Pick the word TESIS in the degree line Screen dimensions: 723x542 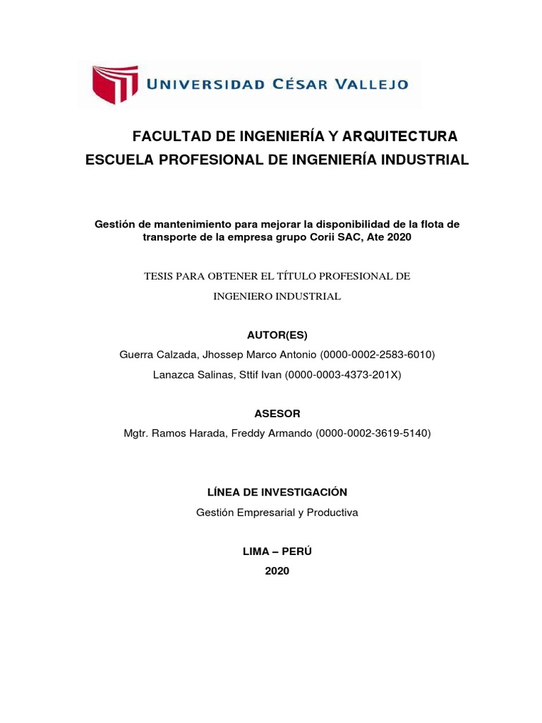tap(161, 276)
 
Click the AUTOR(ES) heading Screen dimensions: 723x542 tap(277, 335)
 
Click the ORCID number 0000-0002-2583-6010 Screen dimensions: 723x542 tap(378, 354)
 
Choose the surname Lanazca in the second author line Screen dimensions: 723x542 tap(174, 375)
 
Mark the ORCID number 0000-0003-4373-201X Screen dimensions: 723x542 tap(342, 375)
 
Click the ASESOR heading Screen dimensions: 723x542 tap(277, 413)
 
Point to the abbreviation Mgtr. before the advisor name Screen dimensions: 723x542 tap(138, 433)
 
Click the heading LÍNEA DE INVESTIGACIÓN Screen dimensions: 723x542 tap(277, 492)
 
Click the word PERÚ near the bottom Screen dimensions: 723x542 tap(297, 551)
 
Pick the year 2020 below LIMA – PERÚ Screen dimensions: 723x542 tap(277, 571)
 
